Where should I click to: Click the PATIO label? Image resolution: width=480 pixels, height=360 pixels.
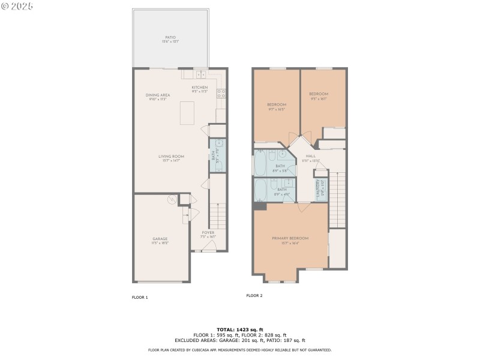170,39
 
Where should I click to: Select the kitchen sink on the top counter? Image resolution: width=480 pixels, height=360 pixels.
201,74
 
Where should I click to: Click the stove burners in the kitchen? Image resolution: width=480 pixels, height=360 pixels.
221,93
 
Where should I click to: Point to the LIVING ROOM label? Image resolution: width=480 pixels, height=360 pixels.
172,158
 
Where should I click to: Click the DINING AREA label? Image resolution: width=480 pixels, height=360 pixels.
157,96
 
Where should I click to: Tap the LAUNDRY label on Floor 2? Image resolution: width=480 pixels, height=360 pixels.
321,188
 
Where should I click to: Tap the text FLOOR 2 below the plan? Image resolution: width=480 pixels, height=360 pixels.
254,295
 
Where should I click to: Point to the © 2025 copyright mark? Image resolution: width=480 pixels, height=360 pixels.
17,5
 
